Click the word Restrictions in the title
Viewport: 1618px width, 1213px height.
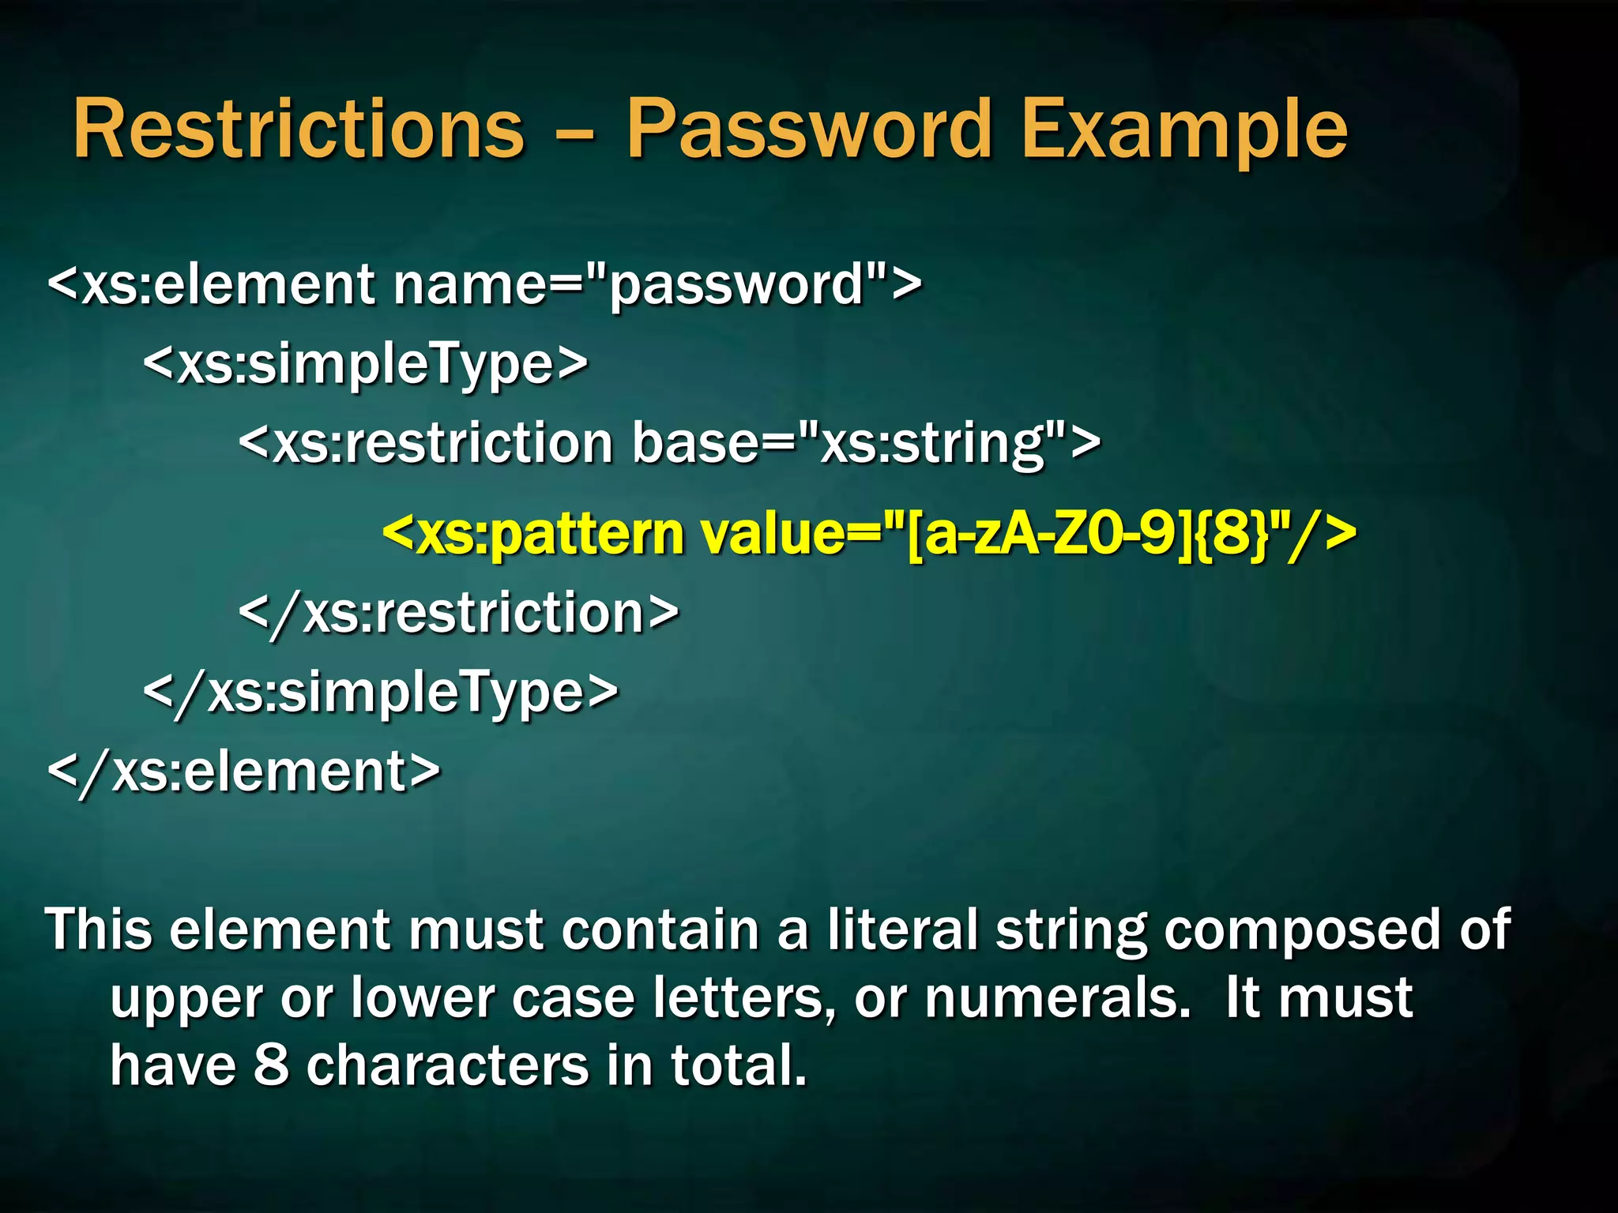pos(299,129)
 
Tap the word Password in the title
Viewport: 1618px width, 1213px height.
pos(809,129)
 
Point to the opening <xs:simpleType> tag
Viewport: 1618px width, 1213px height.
pos(366,364)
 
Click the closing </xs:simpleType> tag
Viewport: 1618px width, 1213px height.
pos(381,693)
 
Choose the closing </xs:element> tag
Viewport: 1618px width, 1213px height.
pos(244,772)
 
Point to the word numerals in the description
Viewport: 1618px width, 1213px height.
pos(1057,998)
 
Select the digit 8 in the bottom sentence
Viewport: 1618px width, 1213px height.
pos(271,1065)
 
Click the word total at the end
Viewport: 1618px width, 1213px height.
pos(738,1065)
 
